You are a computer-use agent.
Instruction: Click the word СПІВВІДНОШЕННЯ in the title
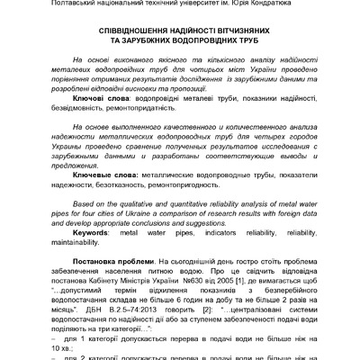125,29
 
